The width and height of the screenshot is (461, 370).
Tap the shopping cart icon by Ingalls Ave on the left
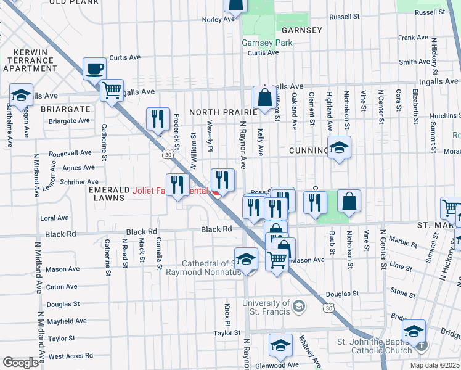click(x=112, y=90)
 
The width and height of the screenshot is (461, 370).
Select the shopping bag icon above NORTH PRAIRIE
click(x=264, y=97)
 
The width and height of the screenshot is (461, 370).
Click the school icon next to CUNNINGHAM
click(x=338, y=147)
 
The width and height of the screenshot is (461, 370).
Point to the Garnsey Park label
click(x=267, y=43)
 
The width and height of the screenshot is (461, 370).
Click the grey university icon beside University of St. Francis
click(x=299, y=306)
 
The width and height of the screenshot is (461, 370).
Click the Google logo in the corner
click(x=20, y=363)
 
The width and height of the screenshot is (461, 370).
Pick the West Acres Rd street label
click(x=70, y=356)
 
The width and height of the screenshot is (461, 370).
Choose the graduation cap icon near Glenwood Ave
click(x=280, y=344)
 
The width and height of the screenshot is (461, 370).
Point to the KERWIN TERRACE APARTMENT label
click(x=30, y=62)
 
